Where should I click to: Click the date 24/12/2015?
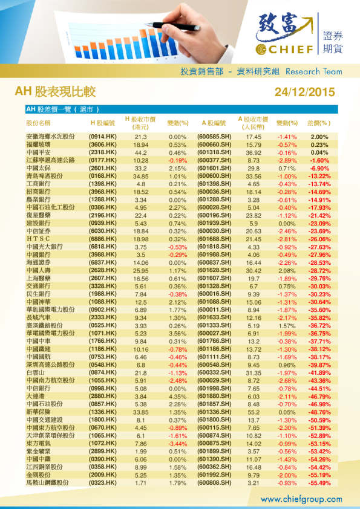(304, 92)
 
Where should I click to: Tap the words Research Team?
(313, 71)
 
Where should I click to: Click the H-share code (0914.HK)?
(103, 137)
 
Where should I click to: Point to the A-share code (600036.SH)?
(215, 192)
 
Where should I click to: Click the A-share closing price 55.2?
(253, 412)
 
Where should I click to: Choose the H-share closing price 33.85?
(141, 412)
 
